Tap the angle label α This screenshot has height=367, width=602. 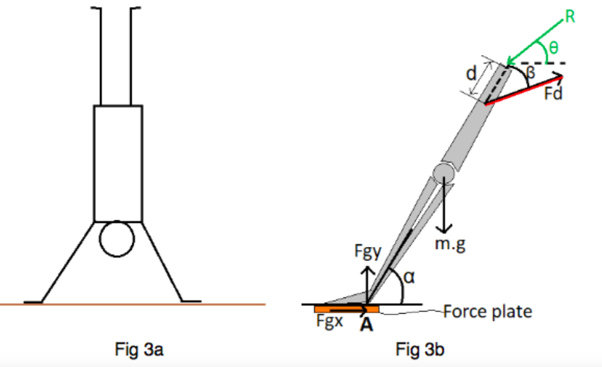[x=408, y=277]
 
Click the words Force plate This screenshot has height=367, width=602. [x=487, y=312]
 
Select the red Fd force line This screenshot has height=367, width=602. [x=523, y=90]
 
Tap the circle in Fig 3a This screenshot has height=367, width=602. [x=117, y=239]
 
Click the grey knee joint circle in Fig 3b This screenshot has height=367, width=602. [x=443, y=173]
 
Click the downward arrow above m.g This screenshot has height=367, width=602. [x=445, y=210]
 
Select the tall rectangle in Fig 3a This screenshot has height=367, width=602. [x=118, y=163]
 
